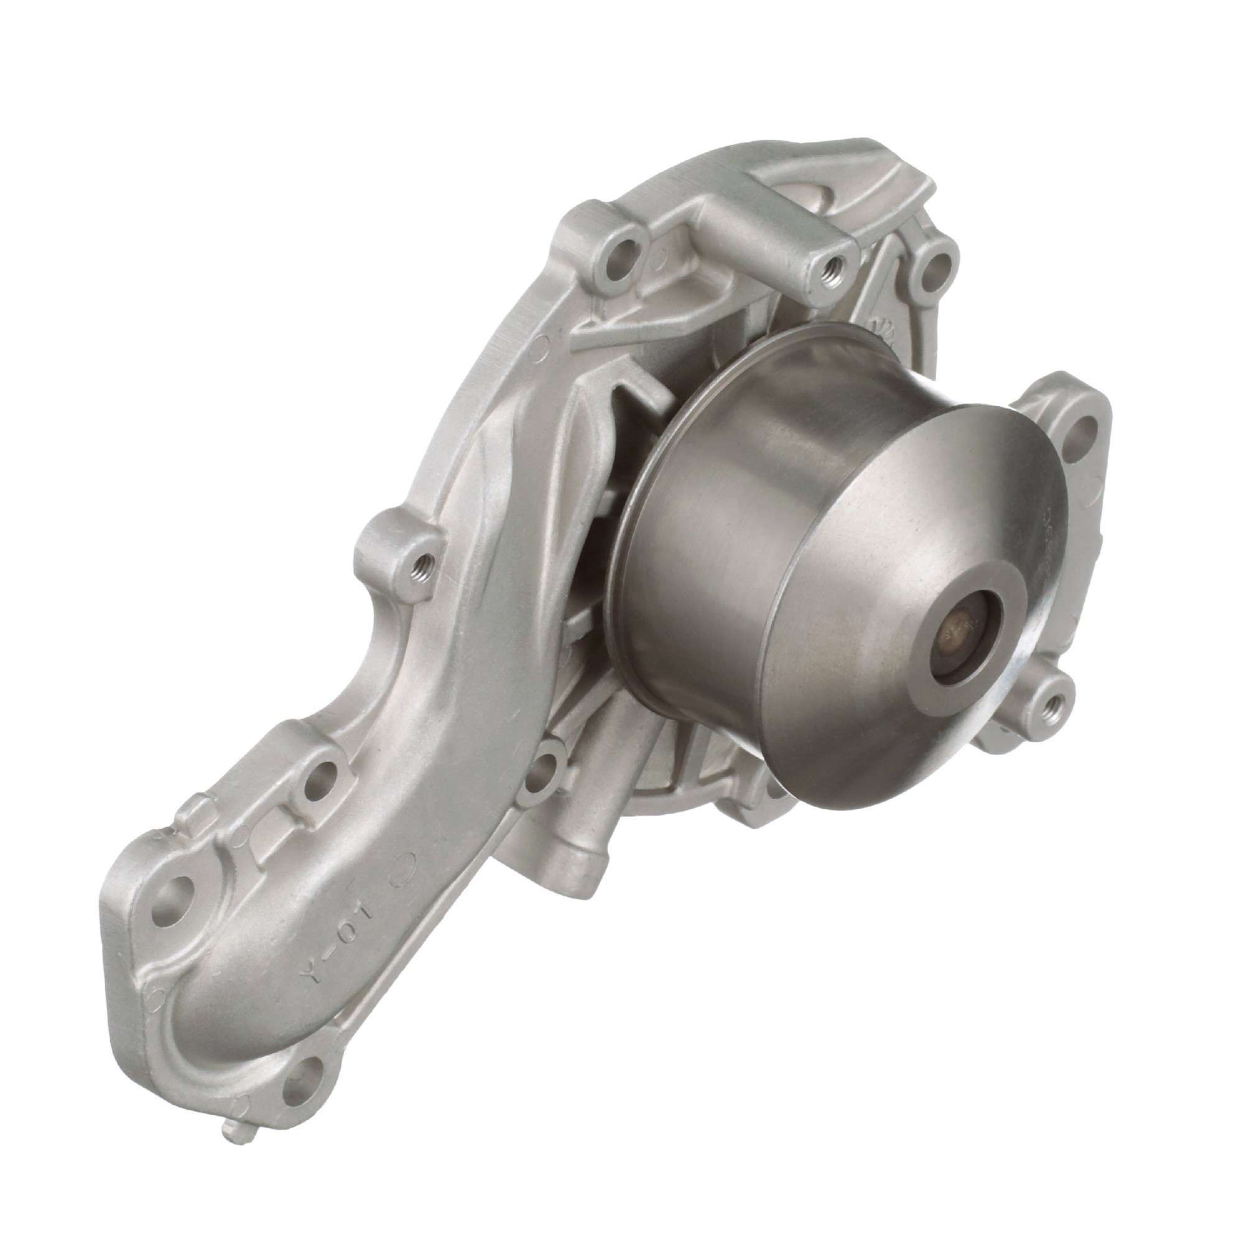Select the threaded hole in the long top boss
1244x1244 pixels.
830,264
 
